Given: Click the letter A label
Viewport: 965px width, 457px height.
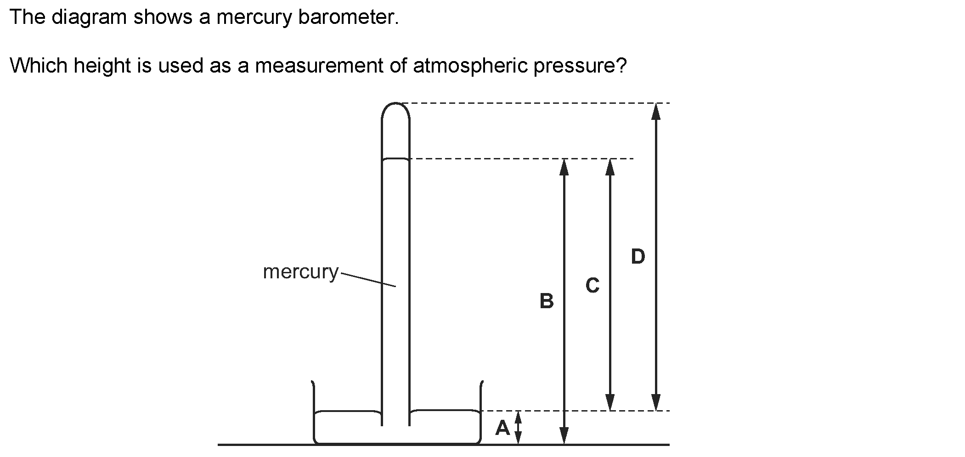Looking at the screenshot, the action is [x=502, y=428].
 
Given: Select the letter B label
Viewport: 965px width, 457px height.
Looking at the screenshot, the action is [x=547, y=301].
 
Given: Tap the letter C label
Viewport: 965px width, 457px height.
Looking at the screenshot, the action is [x=593, y=285].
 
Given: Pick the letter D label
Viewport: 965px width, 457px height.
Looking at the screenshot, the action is [x=638, y=256].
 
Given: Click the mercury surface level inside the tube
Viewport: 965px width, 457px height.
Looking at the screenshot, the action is [x=395, y=159].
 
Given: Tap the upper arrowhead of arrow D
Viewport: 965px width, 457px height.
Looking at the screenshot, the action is [x=656, y=111].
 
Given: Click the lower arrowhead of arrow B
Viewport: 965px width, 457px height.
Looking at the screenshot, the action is [x=564, y=436].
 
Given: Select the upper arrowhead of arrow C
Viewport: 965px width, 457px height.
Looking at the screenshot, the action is [x=610, y=167].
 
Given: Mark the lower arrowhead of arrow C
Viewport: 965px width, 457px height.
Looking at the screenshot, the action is [x=610, y=402].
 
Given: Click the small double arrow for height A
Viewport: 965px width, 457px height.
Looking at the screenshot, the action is [x=518, y=428].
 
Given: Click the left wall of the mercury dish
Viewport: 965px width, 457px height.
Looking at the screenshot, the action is [x=313, y=411].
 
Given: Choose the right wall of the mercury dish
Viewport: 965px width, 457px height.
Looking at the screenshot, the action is [x=481, y=411].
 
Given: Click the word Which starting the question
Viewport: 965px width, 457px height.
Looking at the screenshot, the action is [x=39, y=66].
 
